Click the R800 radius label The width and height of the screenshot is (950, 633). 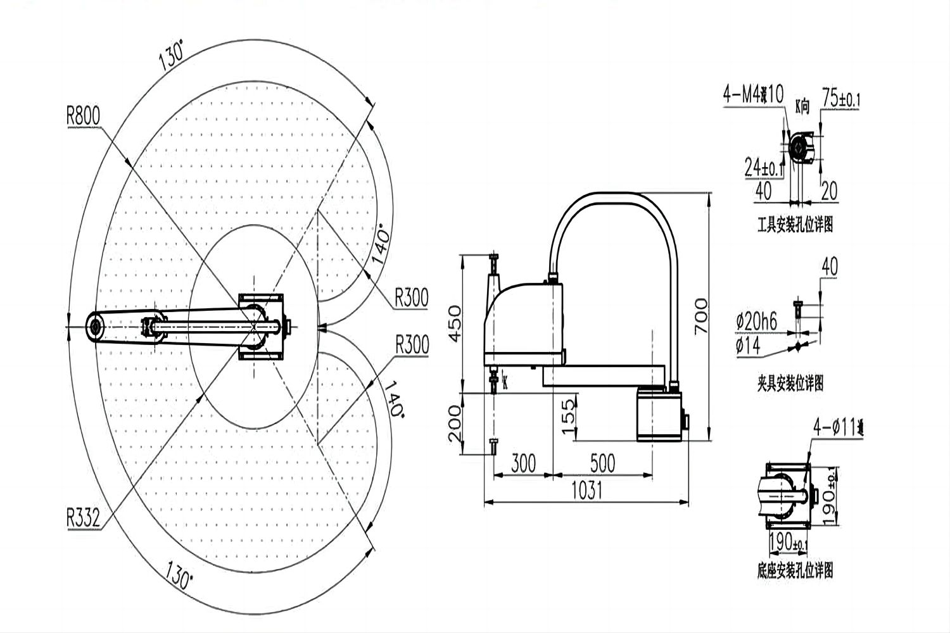click(83, 116)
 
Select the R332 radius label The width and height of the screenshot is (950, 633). click(83, 518)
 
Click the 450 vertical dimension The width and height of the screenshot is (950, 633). click(454, 323)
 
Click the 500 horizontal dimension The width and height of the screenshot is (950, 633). click(602, 463)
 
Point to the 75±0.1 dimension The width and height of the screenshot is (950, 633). click(840, 99)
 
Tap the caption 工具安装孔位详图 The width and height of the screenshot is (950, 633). click(795, 225)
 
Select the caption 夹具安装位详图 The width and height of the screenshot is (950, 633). click(790, 383)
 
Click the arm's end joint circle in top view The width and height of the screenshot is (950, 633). click(96, 327)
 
